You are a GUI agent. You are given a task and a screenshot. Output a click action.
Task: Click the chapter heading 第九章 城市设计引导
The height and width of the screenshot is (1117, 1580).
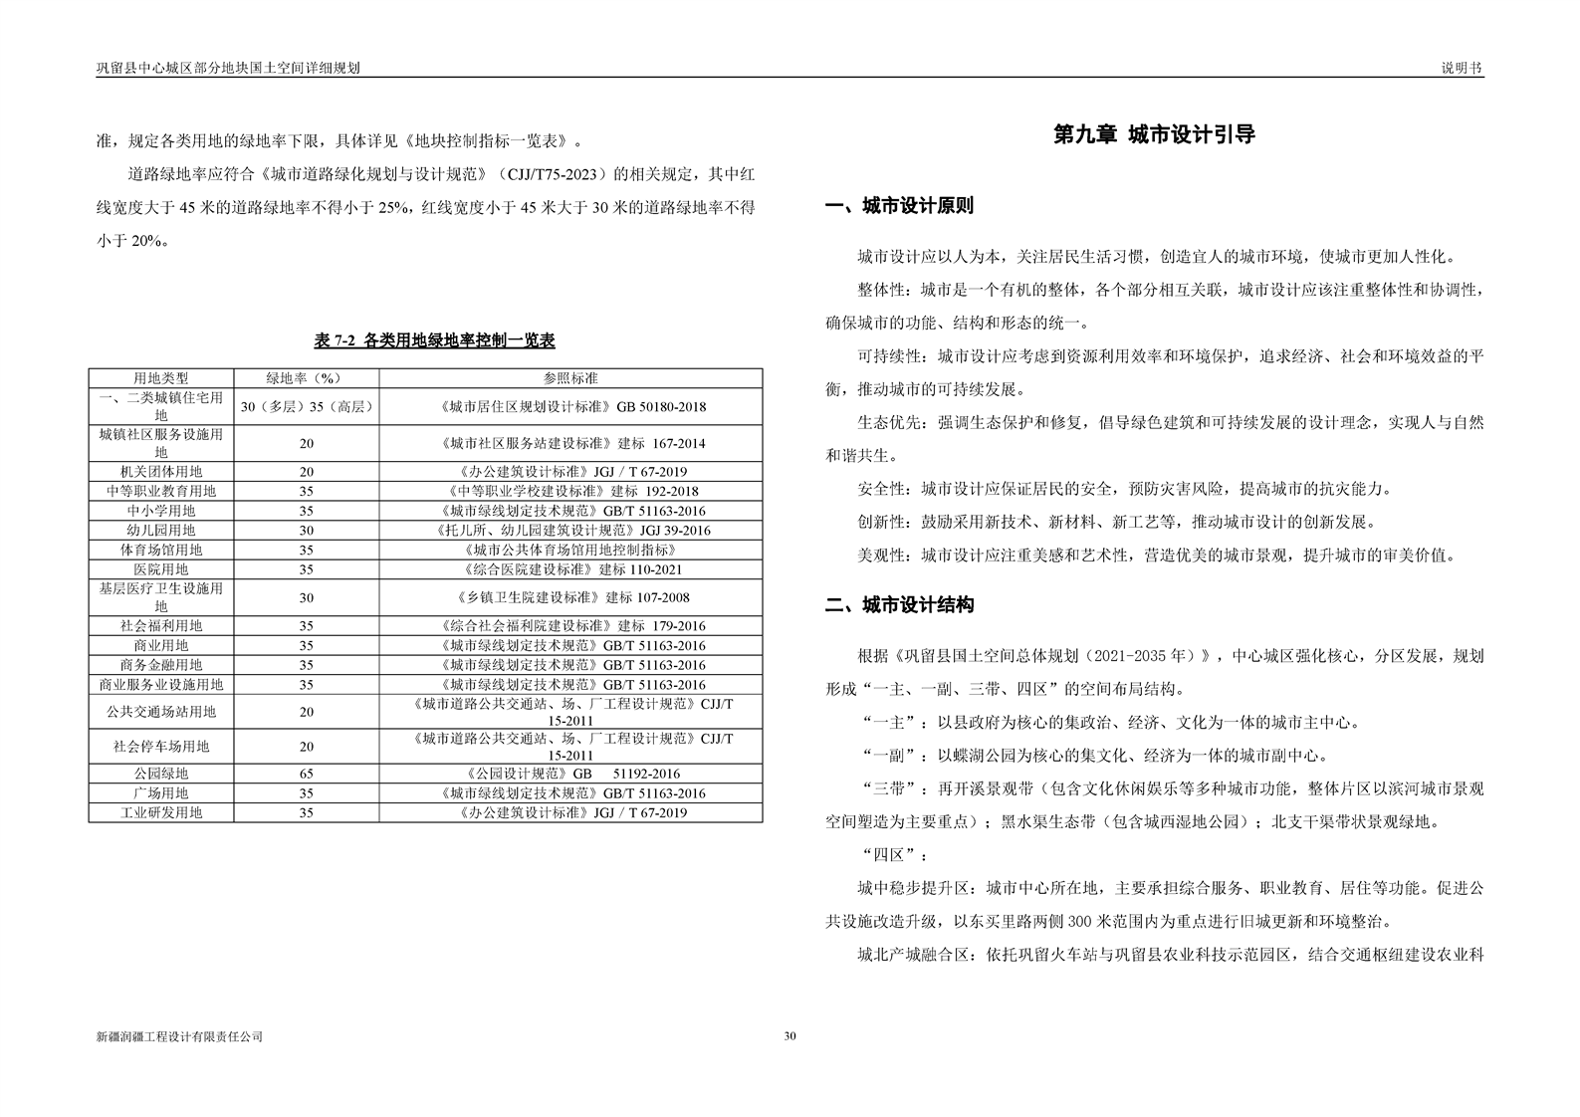pyautogui.click(x=1154, y=135)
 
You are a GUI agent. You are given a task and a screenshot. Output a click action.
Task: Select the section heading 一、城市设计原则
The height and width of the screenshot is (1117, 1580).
pyautogui.click(x=900, y=206)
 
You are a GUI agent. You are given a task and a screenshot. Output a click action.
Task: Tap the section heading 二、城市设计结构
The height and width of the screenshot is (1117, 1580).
pyautogui.click(x=900, y=605)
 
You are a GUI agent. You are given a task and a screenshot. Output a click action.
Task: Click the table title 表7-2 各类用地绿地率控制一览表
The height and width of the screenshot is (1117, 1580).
pyautogui.click(x=434, y=340)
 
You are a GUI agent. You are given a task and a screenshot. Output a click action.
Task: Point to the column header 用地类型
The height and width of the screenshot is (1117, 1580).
pyautogui.click(x=161, y=378)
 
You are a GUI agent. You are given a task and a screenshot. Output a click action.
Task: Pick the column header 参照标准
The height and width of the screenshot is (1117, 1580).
pyautogui.click(x=570, y=378)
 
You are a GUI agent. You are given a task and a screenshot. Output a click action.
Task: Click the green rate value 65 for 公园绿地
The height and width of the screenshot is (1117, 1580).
pyautogui.click(x=306, y=774)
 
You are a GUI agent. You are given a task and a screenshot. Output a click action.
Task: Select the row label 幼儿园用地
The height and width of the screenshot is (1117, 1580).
pyautogui.click(x=161, y=531)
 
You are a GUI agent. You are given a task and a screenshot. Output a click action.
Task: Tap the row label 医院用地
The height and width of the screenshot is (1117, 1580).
pyautogui.click(x=161, y=569)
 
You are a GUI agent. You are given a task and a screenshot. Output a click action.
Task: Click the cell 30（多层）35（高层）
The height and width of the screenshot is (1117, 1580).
pyautogui.click(x=306, y=407)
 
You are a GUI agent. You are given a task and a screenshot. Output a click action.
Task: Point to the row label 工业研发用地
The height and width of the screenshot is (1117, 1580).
pyautogui.click(x=161, y=812)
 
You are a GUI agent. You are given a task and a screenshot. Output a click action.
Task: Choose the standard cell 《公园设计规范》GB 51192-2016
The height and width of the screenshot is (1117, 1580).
pyautogui.click(x=571, y=774)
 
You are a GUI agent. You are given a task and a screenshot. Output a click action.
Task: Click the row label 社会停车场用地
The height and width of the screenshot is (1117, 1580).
pyautogui.click(x=161, y=747)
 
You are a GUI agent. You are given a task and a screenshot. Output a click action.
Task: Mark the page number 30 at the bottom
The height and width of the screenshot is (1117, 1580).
pyautogui.click(x=790, y=1036)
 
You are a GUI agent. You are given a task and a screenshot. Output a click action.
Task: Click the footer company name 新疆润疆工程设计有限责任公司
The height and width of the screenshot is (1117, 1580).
pyautogui.click(x=179, y=1036)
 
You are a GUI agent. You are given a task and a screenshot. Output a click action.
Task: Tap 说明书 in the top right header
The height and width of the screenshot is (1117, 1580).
pyautogui.click(x=1462, y=68)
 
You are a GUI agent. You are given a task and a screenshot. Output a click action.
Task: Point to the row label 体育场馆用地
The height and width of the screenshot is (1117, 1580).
pyautogui.click(x=161, y=550)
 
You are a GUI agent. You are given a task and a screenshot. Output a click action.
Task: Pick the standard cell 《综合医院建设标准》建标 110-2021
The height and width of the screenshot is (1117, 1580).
pyautogui.click(x=571, y=569)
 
